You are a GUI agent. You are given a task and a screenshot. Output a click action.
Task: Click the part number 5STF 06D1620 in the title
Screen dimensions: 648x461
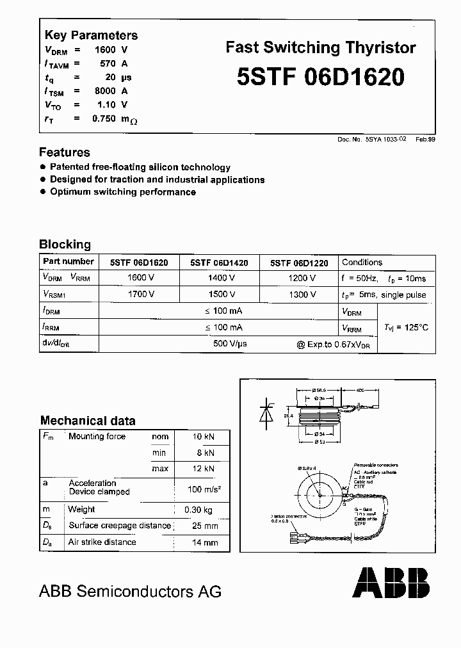click(x=320, y=77)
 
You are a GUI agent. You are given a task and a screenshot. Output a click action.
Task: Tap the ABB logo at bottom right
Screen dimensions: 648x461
click(x=391, y=582)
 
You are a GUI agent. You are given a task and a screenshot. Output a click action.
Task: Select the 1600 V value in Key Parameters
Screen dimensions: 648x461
click(x=111, y=49)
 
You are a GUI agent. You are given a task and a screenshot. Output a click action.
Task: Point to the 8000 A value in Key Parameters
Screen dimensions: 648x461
click(x=111, y=91)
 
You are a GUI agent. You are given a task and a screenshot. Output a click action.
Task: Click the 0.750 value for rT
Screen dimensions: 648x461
click(x=104, y=118)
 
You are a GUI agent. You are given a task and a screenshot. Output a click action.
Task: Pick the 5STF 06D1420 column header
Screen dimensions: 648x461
click(x=219, y=263)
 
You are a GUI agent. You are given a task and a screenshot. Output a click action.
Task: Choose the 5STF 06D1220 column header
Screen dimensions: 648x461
click(x=299, y=263)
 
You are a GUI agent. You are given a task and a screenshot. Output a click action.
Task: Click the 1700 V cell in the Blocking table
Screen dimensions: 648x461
click(x=141, y=295)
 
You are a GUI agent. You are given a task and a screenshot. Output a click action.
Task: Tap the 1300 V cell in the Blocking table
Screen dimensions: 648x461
click(x=302, y=295)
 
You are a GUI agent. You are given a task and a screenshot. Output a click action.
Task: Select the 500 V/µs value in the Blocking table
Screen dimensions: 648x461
click(x=229, y=344)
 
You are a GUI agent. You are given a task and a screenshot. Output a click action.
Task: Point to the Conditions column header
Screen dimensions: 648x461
click(x=362, y=263)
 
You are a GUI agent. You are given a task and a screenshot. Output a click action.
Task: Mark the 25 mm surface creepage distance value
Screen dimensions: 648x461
click(x=206, y=526)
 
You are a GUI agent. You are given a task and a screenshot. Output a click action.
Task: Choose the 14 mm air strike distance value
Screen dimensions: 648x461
click(x=206, y=542)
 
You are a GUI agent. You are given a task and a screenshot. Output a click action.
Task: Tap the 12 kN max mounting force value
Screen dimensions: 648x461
click(x=203, y=469)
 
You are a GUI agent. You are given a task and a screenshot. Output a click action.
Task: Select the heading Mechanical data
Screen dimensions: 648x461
click(x=88, y=421)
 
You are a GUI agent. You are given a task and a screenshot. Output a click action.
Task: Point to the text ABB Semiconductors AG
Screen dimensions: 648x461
click(x=131, y=591)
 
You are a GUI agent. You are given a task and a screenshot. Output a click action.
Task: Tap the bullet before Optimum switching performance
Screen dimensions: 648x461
click(x=44, y=191)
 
